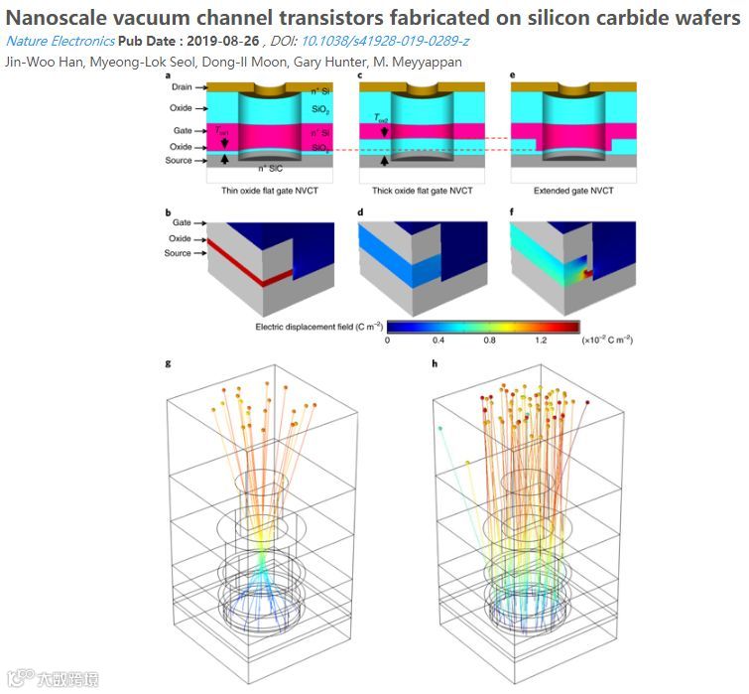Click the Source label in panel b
point(179,253)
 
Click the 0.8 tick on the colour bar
point(488,339)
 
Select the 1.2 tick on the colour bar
point(540,339)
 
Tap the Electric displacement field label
point(317,326)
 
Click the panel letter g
point(168,363)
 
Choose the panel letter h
point(436,363)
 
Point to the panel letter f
point(513,210)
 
